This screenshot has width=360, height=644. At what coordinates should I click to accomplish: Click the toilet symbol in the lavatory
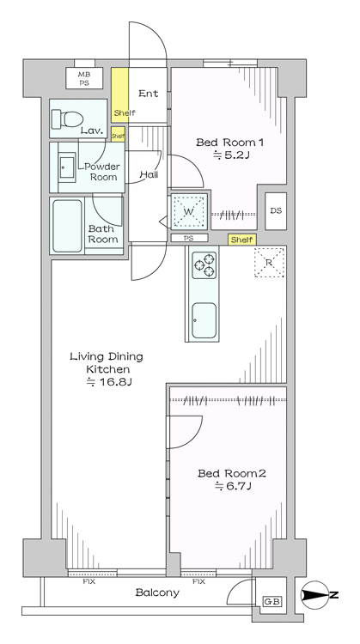pyautogui.click(x=67, y=119)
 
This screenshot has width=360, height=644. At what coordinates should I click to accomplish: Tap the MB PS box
pyautogui.click(x=84, y=78)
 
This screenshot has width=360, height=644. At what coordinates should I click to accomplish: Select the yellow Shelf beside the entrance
pyautogui.click(x=120, y=94)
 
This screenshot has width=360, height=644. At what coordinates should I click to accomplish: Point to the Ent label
pyautogui.click(x=149, y=94)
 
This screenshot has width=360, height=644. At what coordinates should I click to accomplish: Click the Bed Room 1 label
pyautogui.click(x=229, y=143)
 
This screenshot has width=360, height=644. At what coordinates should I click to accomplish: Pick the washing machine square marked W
pyautogui.click(x=189, y=211)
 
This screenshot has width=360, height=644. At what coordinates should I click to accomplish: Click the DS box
pyautogui.click(x=276, y=211)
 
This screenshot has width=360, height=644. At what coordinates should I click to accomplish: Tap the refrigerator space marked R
pyautogui.click(x=269, y=263)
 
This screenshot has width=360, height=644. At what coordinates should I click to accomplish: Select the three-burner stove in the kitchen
pyautogui.click(x=204, y=265)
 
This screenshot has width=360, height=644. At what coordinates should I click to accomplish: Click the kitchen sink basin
pyautogui.click(x=204, y=320)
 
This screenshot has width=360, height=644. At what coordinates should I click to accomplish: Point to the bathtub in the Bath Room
pyautogui.click(x=67, y=226)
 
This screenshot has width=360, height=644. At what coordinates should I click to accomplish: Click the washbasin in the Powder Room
pyautogui.click(x=66, y=167)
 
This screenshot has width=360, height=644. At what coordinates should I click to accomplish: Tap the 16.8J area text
pyautogui.click(x=108, y=383)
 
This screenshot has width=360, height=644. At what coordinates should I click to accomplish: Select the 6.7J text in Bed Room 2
pyautogui.click(x=232, y=487)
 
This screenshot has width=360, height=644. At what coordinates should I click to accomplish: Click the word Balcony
pyautogui.click(x=157, y=592)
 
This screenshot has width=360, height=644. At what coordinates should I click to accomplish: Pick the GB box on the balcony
pyautogui.click(x=272, y=602)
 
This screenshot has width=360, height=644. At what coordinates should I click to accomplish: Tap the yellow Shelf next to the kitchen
pyautogui.click(x=241, y=240)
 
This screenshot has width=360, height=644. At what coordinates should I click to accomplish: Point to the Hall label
pyautogui.click(x=149, y=174)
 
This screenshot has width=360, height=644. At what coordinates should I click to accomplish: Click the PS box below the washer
pyautogui.click(x=190, y=238)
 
